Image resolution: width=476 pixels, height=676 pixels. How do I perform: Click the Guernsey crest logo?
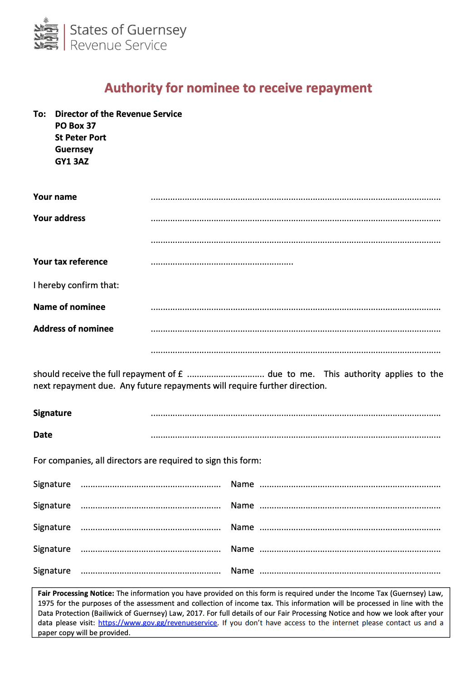point(46,34)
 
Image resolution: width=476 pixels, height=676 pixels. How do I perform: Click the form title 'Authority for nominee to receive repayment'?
point(238,88)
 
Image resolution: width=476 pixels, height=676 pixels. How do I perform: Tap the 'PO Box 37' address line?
point(75,126)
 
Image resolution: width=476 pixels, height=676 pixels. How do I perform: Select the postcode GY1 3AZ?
point(72,162)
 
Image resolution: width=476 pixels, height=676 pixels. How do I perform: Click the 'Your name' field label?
point(55,197)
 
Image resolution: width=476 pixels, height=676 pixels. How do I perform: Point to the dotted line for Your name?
point(295,198)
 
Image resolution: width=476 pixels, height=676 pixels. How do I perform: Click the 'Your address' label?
point(59,218)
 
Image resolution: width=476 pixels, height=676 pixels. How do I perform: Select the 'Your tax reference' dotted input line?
point(222,263)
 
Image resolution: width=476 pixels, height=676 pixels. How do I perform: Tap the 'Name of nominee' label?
point(69,307)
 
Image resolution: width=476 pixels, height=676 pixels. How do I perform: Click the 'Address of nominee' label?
point(73,329)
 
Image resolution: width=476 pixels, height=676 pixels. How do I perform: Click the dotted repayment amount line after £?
point(225,376)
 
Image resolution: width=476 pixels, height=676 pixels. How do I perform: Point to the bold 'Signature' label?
point(52,413)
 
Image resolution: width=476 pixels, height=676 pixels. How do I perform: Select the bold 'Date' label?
point(43,435)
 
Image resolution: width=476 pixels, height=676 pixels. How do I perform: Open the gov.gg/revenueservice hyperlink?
point(157,623)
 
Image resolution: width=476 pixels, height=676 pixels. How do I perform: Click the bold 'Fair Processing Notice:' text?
point(76,594)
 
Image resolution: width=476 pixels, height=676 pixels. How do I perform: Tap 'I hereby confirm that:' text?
point(76,285)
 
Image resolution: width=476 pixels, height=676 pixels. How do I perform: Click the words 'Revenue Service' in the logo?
point(118,46)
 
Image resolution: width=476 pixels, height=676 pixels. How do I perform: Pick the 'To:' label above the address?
point(39,114)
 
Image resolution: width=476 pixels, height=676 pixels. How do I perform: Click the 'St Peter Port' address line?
point(80,138)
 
